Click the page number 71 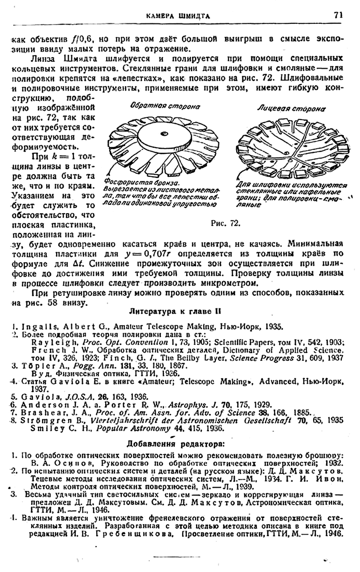338,16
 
